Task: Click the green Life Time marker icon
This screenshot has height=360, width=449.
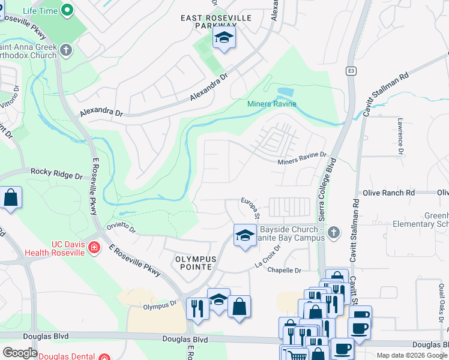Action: [68, 10]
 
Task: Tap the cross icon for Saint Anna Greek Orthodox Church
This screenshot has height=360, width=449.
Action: [66, 50]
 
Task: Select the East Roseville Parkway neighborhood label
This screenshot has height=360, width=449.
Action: [216, 22]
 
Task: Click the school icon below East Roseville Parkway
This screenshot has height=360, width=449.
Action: [224, 38]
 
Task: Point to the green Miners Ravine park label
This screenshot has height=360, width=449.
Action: [272, 104]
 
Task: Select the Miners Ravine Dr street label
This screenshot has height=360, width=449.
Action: [301, 158]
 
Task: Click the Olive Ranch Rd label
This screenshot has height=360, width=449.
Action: [389, 193]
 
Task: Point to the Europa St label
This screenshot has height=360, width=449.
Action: [250, 207]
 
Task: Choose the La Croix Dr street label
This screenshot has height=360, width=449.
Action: [268, 256]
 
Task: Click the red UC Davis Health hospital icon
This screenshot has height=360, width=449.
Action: [94, 247]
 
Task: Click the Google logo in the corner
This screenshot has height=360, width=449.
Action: [20, 353]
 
